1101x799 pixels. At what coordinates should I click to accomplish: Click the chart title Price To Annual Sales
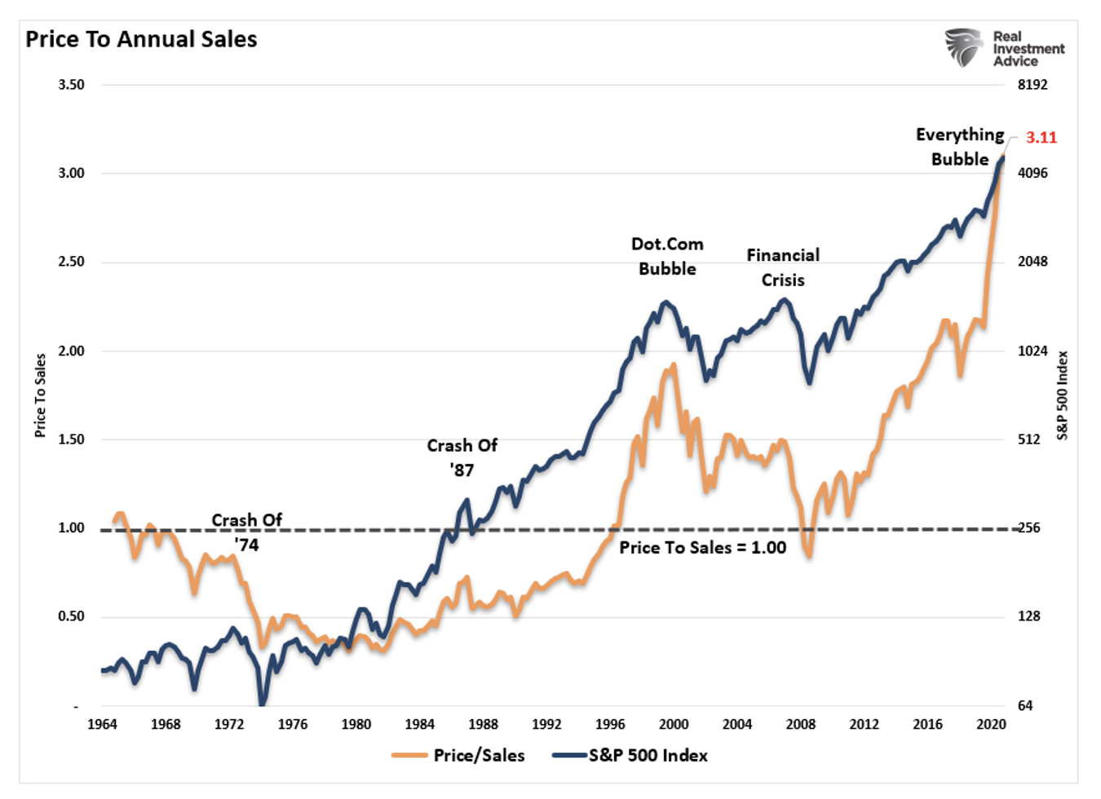(141, 39)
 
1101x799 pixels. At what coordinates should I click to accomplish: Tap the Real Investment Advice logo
(1004, 48)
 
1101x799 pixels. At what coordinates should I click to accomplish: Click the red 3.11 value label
(1041, 138)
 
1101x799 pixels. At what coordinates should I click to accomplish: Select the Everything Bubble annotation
(960, 147)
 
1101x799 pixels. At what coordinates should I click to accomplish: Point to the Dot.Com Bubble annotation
(667, 256)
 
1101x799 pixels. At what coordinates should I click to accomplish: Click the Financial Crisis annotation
(783, 267)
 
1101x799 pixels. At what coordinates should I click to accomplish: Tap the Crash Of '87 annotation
(462, 457)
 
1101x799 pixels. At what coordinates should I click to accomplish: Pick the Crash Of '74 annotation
(246, 532)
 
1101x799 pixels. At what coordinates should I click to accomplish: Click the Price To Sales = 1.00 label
(702, 548)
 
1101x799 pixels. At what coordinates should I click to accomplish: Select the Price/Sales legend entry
(458, 756)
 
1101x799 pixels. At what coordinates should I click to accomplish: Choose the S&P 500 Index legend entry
(630, 756)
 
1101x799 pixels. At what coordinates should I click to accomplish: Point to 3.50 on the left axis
(71, 85)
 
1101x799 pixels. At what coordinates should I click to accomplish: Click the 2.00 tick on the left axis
(71, 351)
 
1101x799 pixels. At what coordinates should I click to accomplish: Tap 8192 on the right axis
(1032, 85)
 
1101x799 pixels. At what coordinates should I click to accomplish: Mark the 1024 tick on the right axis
(1032, 351)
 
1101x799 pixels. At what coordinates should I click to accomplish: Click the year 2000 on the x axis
(674, 724)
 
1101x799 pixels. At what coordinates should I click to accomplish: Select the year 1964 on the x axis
(102, 724)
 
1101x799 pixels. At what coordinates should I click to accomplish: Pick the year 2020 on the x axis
(991, 724)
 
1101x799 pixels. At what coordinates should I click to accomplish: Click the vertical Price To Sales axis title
(40, 395)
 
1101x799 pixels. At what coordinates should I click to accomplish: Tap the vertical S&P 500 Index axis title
(1062, 395)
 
